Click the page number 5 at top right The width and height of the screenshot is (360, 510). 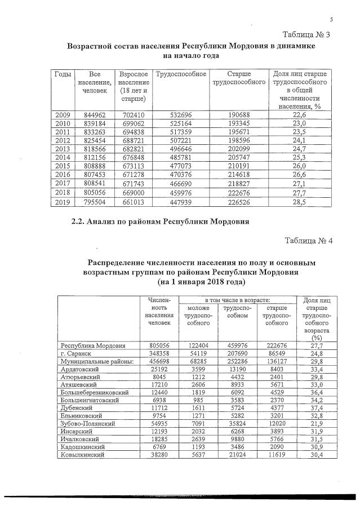(332, 21)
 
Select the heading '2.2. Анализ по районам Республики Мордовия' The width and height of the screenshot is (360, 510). (158, 222)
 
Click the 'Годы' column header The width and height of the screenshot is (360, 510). (62, 74)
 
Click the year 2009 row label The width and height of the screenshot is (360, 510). (62, 116)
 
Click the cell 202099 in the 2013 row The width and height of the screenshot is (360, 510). (238, 148)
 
